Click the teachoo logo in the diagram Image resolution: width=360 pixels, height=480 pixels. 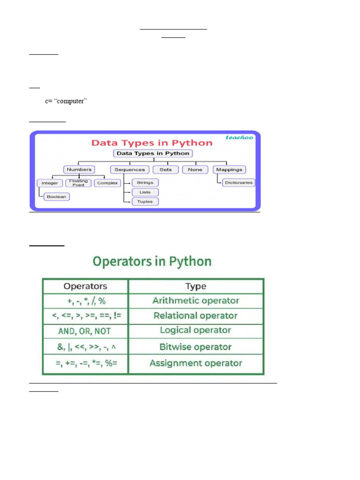(x=240, y=137)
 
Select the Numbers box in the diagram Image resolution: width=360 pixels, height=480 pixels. (x=79, y=169)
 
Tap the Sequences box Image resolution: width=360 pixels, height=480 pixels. (x=130, y=169)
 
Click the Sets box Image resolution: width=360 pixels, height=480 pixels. (x=165, y=169)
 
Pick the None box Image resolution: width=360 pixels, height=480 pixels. (x=195, y=169)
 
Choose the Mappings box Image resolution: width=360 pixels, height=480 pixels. (x=230, y=169)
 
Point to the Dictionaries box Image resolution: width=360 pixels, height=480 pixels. (x=239, y=182)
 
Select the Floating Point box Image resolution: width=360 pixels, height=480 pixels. (x=78, y=183)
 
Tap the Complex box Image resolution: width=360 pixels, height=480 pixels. (x=107, y=183)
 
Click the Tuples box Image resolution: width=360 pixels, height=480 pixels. (x=145, y=202)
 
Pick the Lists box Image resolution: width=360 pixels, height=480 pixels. (x=145, y=192)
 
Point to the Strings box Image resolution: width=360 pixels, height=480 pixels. (x=145, y=182)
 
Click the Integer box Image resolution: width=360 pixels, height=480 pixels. (x=50, y=183)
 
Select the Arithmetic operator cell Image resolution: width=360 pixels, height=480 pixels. (x=196, y=301)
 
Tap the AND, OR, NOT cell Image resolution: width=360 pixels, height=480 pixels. (x=85, y=331)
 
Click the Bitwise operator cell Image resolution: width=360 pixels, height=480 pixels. (x=196, y=347)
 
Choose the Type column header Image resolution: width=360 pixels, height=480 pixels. (x=196, y=286)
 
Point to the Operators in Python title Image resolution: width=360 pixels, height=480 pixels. (x=152, y=261)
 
